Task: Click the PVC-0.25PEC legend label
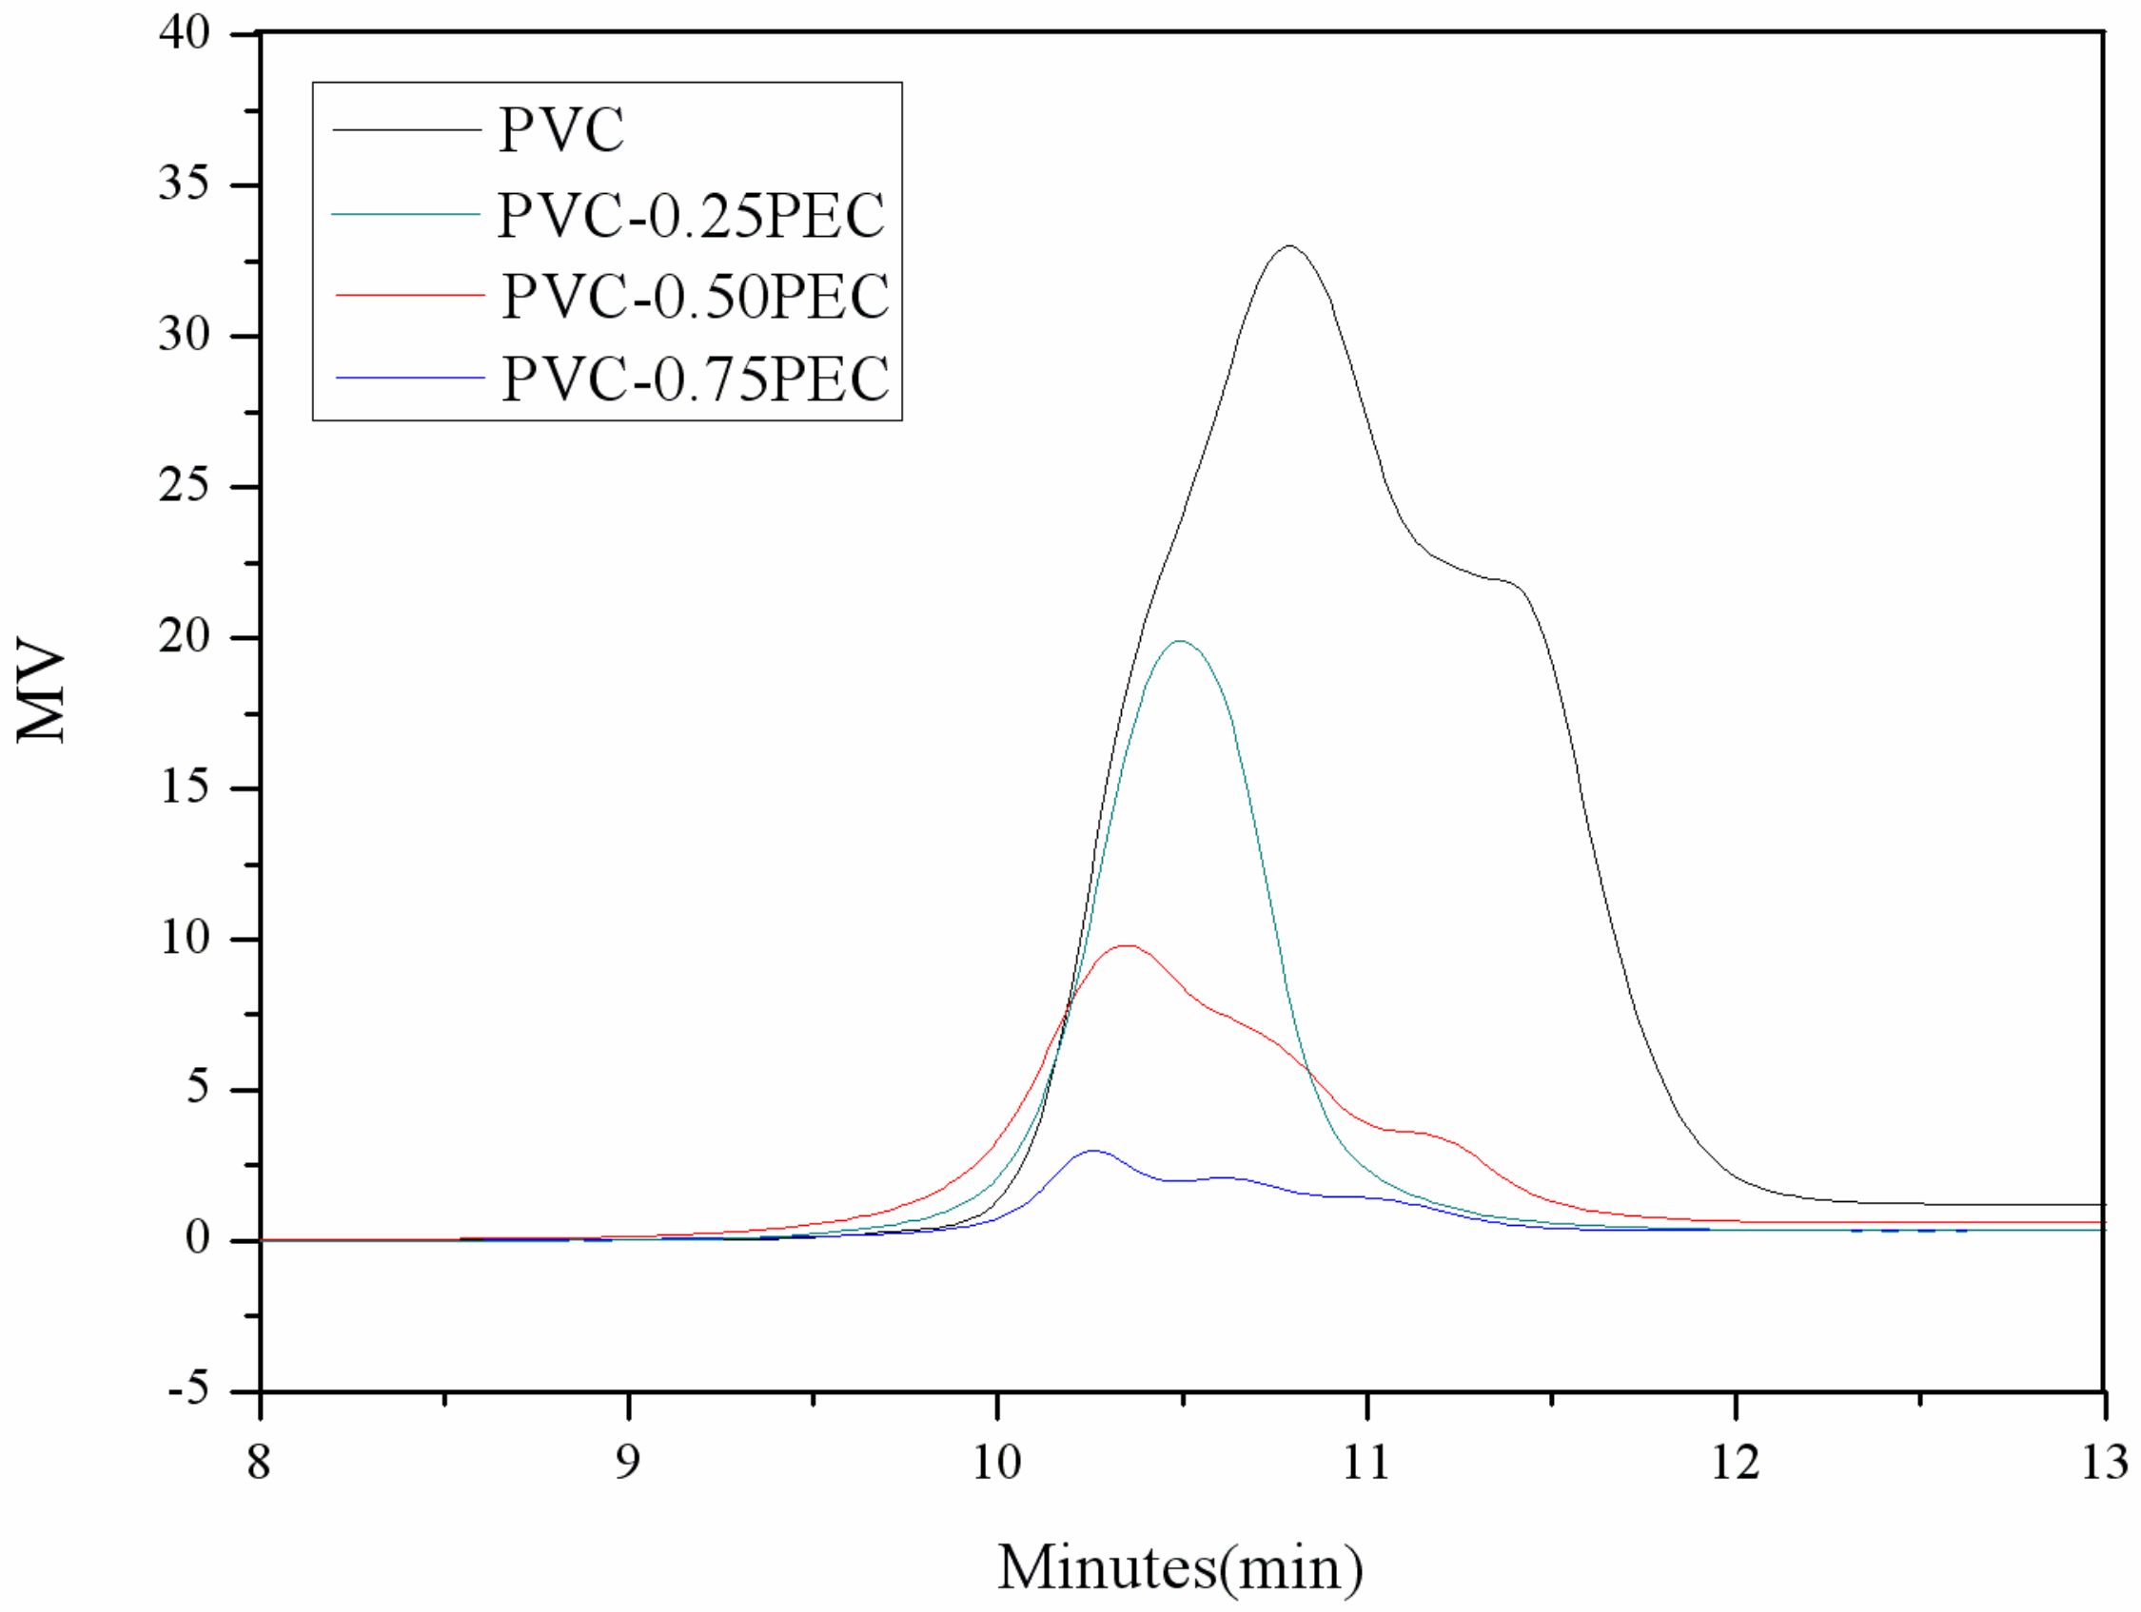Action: coord(691,215)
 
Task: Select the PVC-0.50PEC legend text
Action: coord(695,296)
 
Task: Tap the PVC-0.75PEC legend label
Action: coord(695,379)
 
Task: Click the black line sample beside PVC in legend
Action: coord(406,128)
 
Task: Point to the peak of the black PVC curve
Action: coord(1289,246)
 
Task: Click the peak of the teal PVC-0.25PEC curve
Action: coord(1178,642)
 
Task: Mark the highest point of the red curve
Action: coord(1126,945)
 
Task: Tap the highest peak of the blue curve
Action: coord(1092,1151)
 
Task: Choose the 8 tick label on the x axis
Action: coord(259,1462)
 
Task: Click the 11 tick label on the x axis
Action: coord(1365,1462)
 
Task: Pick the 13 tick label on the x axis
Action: coord(2102,1462)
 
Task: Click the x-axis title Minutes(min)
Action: coord(1180,1567)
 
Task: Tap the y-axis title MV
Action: coord(41,689)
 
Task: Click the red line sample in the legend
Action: coord(409,295)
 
